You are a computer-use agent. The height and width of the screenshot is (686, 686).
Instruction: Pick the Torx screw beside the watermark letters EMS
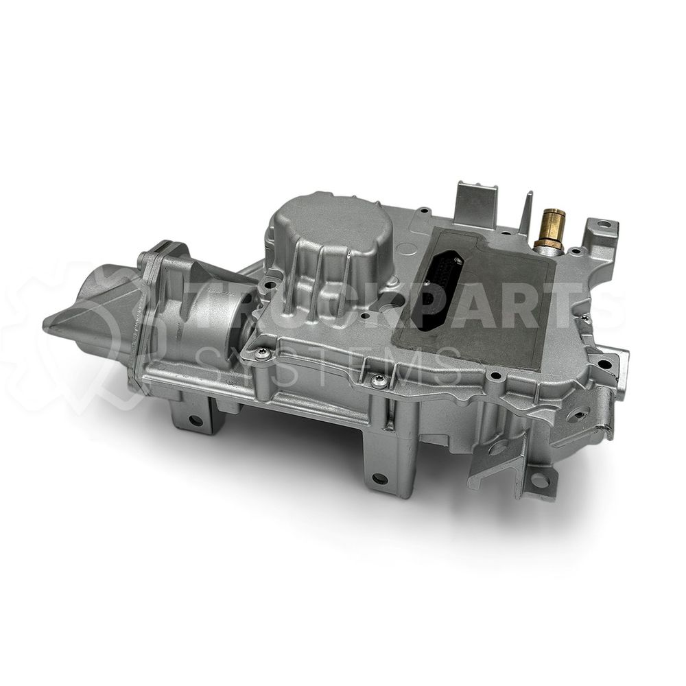coord(379,380)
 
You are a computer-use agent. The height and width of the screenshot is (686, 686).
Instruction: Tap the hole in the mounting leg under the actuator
coord(195,421)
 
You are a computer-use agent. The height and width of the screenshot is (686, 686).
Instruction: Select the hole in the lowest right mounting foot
coord(539,482)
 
